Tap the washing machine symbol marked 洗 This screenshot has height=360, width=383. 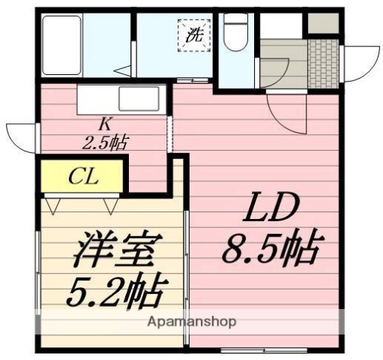[x=194, y=34]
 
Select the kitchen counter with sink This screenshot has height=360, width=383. [x=119, y=97]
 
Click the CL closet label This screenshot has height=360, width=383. [x=82, y=177]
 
